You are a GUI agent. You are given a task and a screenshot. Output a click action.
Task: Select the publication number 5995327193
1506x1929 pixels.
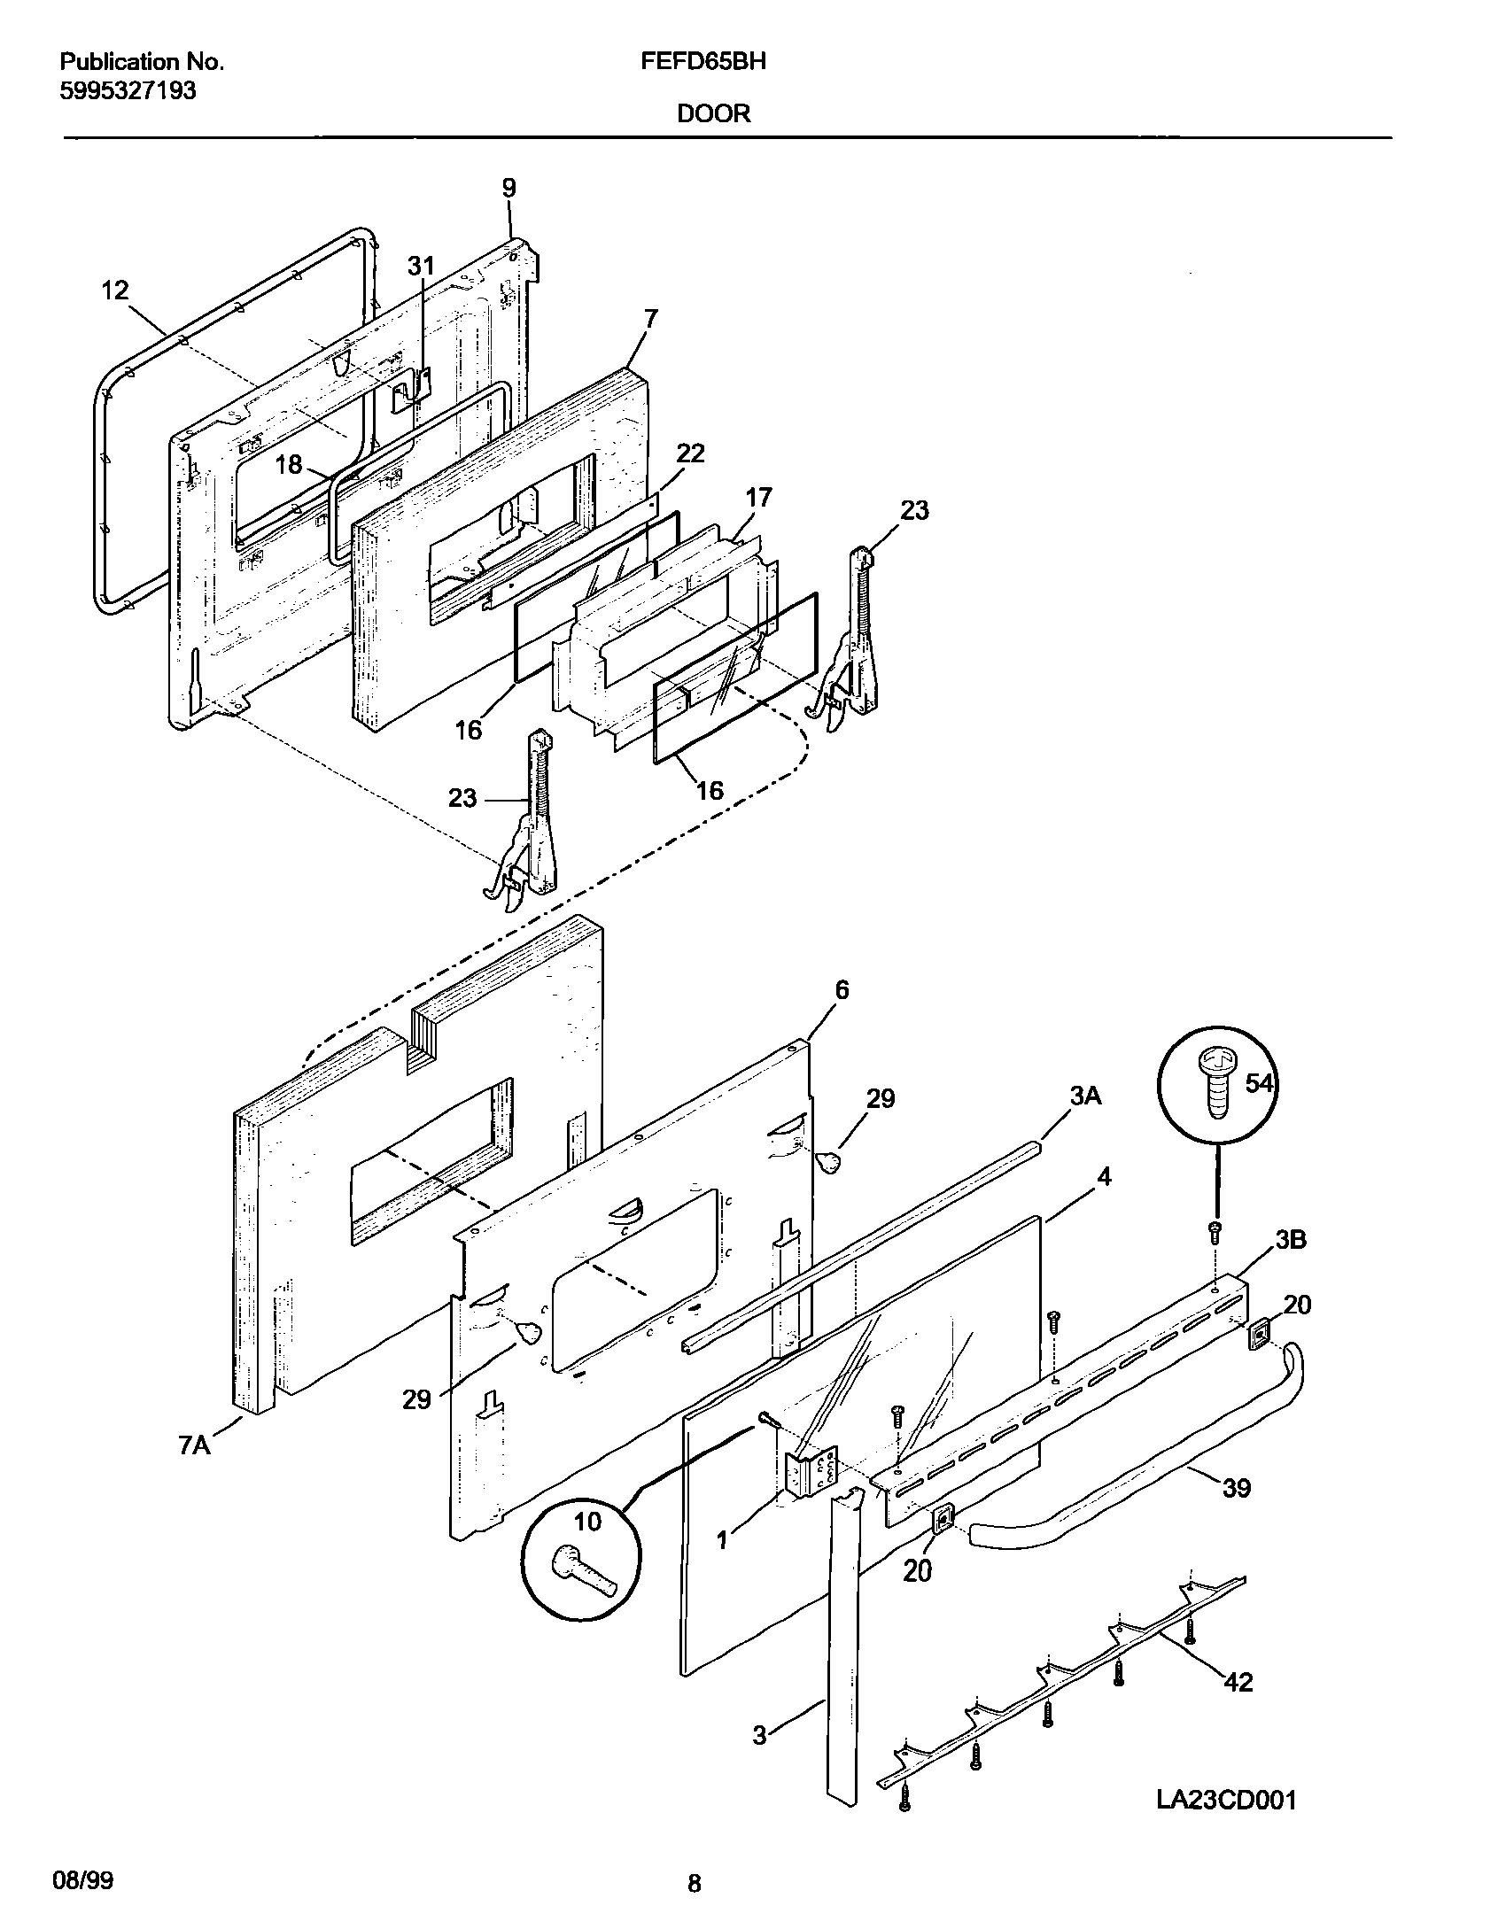128,90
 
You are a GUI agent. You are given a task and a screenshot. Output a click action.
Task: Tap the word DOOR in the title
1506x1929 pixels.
714,113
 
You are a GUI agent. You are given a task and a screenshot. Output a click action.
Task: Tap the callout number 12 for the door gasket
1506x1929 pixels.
115,290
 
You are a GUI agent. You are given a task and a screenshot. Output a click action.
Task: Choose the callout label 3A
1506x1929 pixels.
1085,1096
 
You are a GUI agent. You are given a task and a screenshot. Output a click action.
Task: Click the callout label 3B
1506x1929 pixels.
1291,1240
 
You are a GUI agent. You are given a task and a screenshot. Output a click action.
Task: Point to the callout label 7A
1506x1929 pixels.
195,1445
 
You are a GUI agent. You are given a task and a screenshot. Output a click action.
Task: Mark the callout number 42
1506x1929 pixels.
1238,1681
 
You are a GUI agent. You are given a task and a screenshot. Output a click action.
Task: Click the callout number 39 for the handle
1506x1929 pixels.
1237,1488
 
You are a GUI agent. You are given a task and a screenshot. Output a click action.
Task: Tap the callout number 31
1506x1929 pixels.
422,266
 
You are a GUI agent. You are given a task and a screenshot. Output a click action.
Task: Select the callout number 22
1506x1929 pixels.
690,453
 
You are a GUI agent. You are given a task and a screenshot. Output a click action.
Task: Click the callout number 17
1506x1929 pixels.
759,497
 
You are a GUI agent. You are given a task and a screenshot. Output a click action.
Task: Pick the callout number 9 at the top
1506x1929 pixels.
508,188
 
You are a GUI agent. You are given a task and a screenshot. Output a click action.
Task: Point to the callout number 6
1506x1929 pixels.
842,989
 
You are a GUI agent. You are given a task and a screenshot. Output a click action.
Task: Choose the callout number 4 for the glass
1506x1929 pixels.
1104,1177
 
